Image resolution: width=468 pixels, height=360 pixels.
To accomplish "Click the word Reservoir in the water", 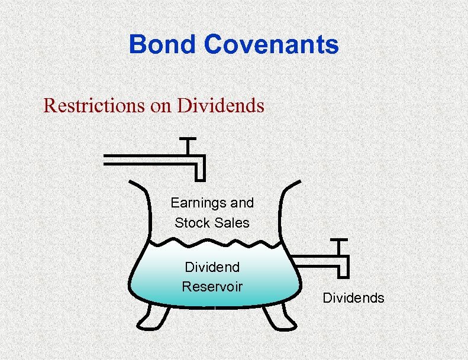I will (212, 287).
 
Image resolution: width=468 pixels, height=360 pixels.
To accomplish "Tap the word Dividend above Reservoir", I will (212, 267).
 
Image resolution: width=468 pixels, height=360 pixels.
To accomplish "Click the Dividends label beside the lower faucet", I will (353, 298).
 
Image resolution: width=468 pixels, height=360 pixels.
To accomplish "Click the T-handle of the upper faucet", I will (188, 141).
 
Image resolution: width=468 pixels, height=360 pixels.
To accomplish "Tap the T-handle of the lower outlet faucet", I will (338, 241).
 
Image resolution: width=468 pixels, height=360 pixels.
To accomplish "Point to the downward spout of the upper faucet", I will (199, 171).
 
